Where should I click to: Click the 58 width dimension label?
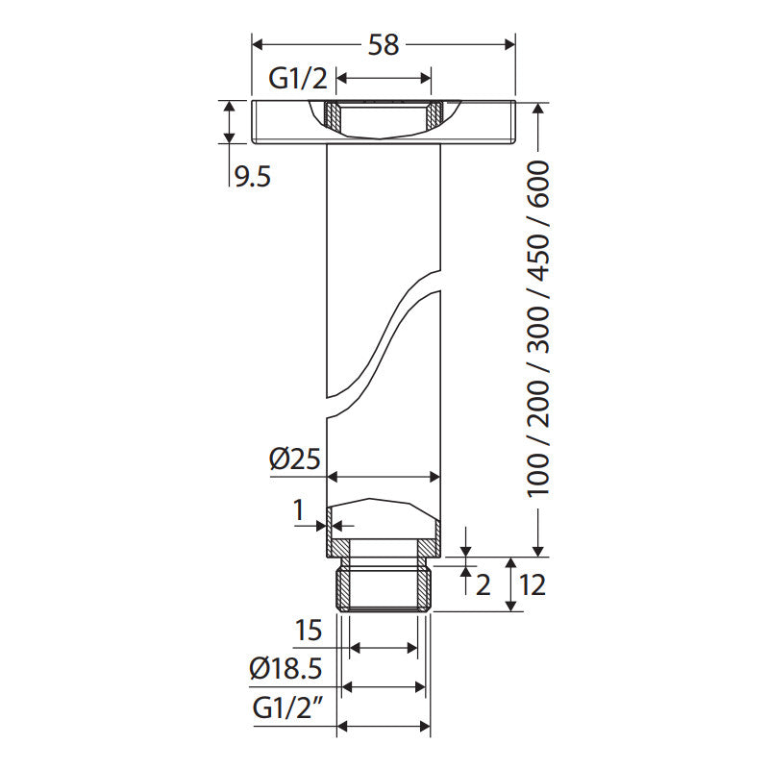coord(384,44)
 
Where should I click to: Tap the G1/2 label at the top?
coord(298,78)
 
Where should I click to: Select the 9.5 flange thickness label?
coord(253,177)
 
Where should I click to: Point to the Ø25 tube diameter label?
coord(295,459)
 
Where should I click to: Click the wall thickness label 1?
coord(299,510)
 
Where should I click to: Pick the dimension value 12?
coord(533,585)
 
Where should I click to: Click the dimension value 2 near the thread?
coord(484,585)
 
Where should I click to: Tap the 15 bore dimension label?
coord(309,631)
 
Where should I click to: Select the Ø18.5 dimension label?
coord(285,668)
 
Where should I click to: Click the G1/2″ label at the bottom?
coord(288,707)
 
